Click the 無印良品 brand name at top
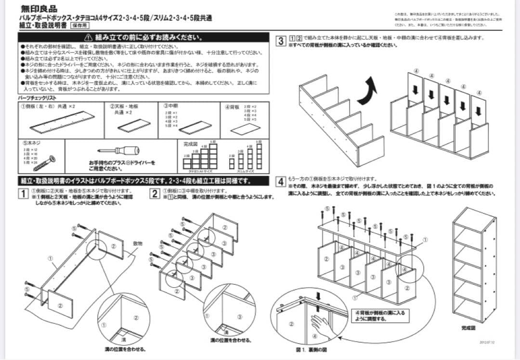pos(39,9)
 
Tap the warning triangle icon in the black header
pos(88,37)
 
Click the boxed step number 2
pos(155,194)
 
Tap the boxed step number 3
pos(280,40)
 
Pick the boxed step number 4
pos(280,182)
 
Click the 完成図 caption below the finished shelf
pos(468,328)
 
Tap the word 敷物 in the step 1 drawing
pos(137,243)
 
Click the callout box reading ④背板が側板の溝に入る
pos(380,316)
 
